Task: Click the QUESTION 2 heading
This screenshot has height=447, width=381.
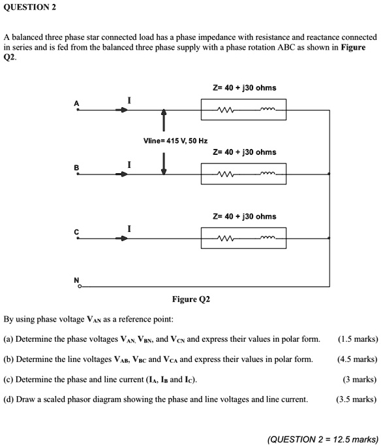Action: coord(30,7)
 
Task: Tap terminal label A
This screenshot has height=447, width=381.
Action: coord(76,103)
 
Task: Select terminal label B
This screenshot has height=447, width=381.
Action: coord(76,167)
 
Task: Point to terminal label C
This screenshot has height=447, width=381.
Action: coord(76,232)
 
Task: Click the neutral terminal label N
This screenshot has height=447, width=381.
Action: coord(76,280)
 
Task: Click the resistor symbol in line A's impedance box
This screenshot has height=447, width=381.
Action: coord(226,110)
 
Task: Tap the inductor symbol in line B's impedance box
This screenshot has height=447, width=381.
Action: coord(267,173)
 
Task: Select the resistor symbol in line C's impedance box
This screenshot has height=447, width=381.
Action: coord(226,238)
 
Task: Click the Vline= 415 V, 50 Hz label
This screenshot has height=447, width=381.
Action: coord(175,141)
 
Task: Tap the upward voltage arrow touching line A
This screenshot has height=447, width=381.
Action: coord(164,120)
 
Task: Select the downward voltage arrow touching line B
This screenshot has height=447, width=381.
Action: coord(164,163)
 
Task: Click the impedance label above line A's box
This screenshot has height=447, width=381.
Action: coord(245,88)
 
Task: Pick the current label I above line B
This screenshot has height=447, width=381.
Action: coord(129,165)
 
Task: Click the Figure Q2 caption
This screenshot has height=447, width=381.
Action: coord(191,299)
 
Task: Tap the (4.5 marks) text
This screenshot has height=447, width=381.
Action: coord(358,359)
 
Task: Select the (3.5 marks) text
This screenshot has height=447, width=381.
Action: coord(356,399)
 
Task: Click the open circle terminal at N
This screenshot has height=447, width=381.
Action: coord(80,286)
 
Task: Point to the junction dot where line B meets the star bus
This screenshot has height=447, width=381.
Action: coord(329,174)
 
